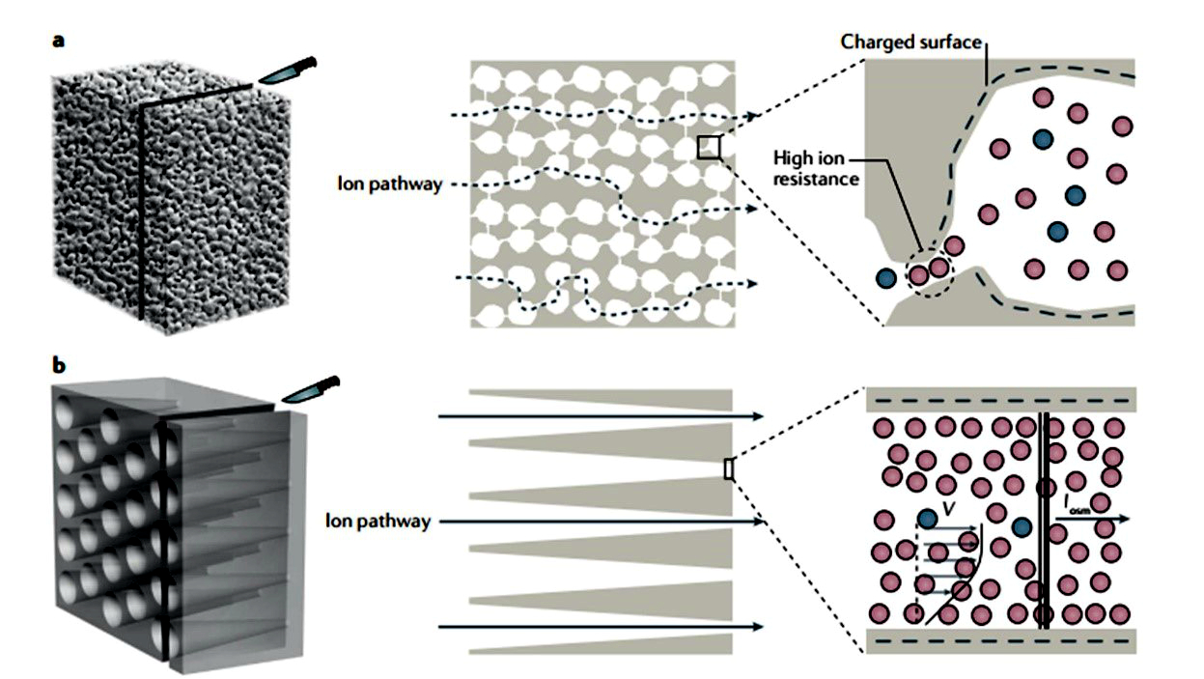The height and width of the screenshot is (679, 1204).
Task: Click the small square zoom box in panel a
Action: [x=709, y=147]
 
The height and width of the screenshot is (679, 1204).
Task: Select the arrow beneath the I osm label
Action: [x=1091, y=519]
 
